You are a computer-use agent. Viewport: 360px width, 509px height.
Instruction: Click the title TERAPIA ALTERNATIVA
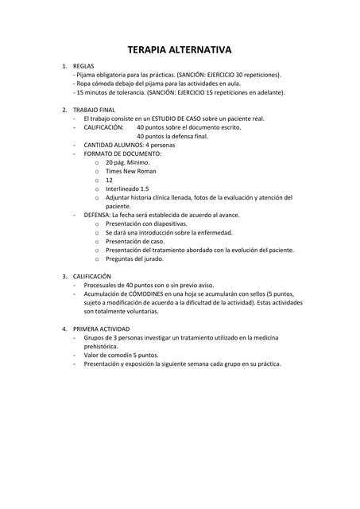coord(180,49)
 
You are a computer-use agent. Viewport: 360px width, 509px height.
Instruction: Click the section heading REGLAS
coord(83,66)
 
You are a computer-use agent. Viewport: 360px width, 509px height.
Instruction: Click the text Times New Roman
coord(130,171)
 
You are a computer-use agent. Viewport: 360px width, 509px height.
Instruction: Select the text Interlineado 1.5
coord(126,188)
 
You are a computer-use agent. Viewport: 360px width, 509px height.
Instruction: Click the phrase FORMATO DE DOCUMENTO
coord(122,153)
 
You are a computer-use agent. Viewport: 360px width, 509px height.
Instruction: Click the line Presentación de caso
coord(135,241)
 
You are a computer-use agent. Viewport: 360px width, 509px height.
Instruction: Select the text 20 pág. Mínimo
coord(127,162)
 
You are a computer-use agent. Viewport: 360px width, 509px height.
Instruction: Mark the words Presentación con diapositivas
coord(146,223)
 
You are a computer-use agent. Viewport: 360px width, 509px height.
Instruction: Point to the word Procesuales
coord(100,285)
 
